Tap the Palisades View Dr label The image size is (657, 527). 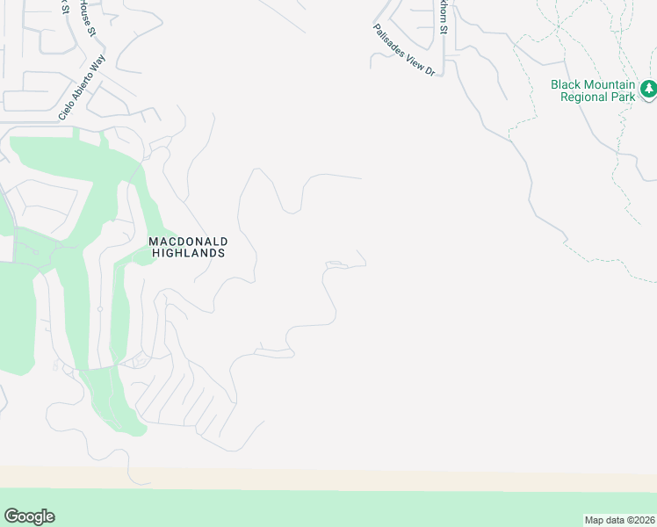[403, 49]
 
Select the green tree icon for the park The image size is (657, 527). [648, 89]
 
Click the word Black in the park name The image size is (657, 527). [567, 84]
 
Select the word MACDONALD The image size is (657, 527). [188, 241]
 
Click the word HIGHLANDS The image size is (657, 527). [188, 253]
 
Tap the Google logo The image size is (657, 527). [29, 516]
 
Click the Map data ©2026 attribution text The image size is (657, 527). [619, 520]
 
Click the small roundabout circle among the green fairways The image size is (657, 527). [100, 309]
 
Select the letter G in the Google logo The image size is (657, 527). [11, 516]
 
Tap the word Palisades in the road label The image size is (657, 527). [387, 35]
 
